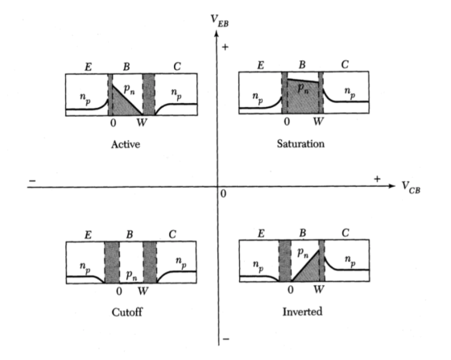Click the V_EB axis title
[219, 21]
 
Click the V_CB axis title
[411, 188]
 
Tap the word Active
[126, 144]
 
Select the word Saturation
[300, 143]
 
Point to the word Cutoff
[127, 312]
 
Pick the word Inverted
[302, 312]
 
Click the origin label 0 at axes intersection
[223, 194]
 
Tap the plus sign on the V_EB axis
[225, 48]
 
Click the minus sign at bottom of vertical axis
[226, 339]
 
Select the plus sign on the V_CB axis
[377, 179]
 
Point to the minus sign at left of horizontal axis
[32, 181]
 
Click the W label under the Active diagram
[142, 122]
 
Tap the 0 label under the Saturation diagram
[287, 122]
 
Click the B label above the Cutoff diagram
[130, 234]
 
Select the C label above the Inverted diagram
[345, 233]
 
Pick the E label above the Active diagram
[88, 67]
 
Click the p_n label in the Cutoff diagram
[131, 275]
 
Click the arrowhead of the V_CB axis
[392, 186]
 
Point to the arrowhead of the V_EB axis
[217, 33]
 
